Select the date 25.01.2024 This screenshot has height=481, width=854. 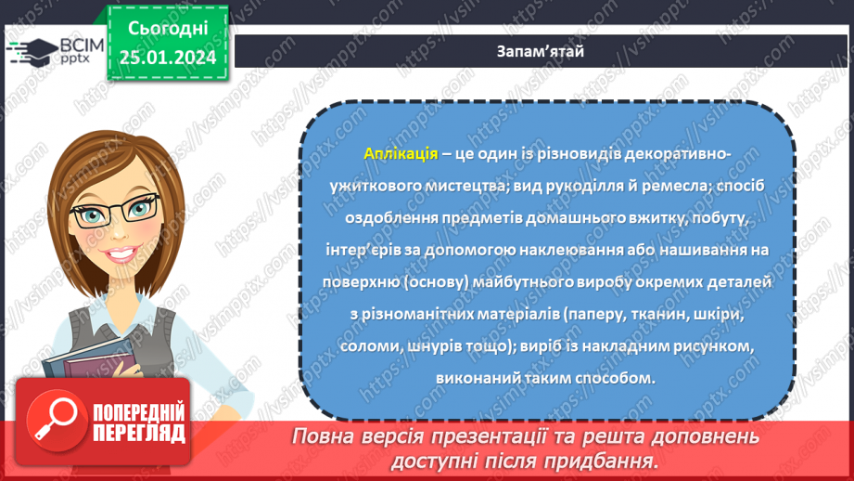tap(167, 58)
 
